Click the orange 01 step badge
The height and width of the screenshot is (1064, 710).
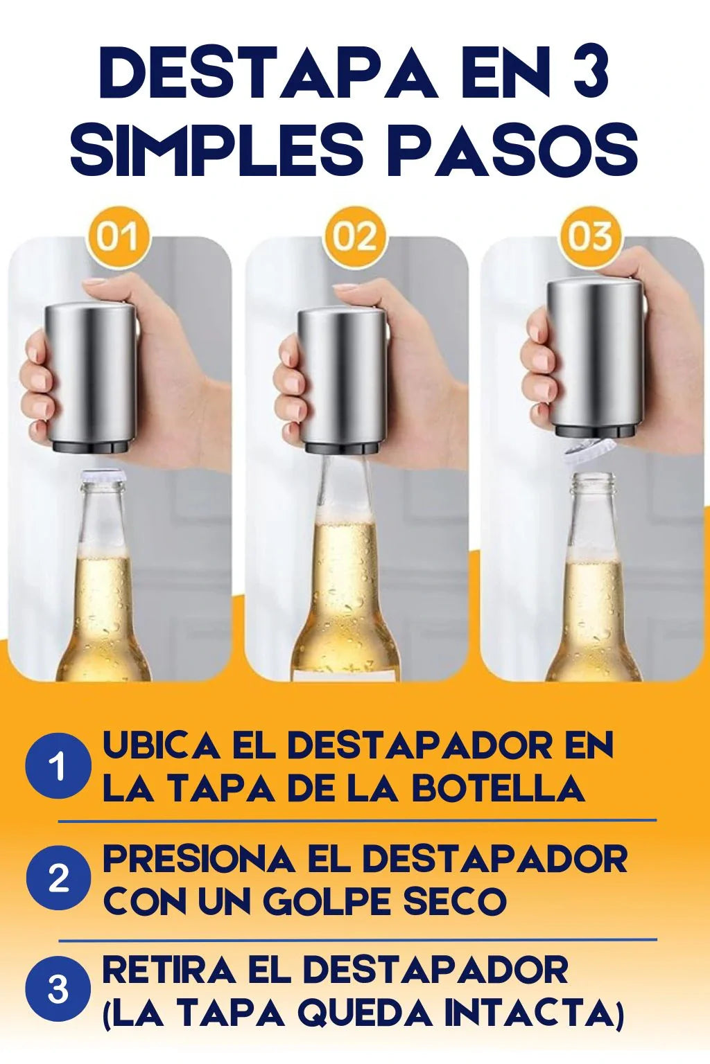[119, 236]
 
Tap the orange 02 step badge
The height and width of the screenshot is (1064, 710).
[355, 236]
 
